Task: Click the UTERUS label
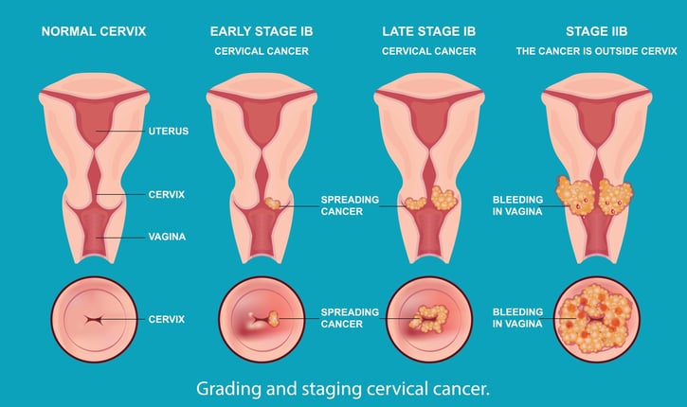click(x=169, y=132)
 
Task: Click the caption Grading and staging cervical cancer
click(x=343, y=389)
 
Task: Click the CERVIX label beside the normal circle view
click(x=168, y=320)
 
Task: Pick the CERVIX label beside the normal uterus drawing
click(x=168, y=194)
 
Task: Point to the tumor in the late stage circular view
click(x=430, y=317)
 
